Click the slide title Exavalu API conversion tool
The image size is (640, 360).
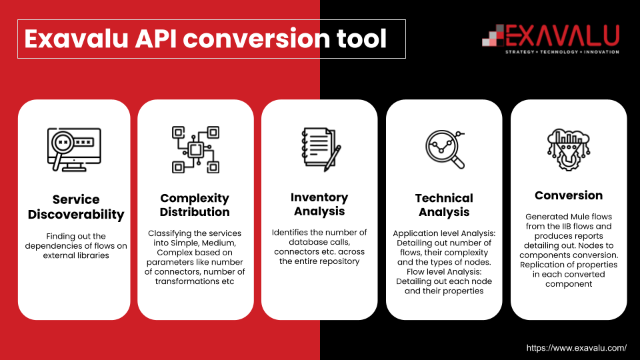coord(205,39)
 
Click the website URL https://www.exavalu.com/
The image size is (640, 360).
coord(577,348)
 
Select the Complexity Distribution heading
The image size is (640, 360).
coord(195,205)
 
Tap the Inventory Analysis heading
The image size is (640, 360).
coord(319,204)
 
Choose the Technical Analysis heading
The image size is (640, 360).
coord(444,205)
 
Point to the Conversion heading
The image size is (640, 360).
coord(569,195)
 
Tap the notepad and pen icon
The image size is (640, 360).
coord(320,149)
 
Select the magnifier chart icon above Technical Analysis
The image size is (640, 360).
coord(445,149)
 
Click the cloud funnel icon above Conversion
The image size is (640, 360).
coord(568,149)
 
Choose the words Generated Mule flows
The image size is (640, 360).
coord(569,217)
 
